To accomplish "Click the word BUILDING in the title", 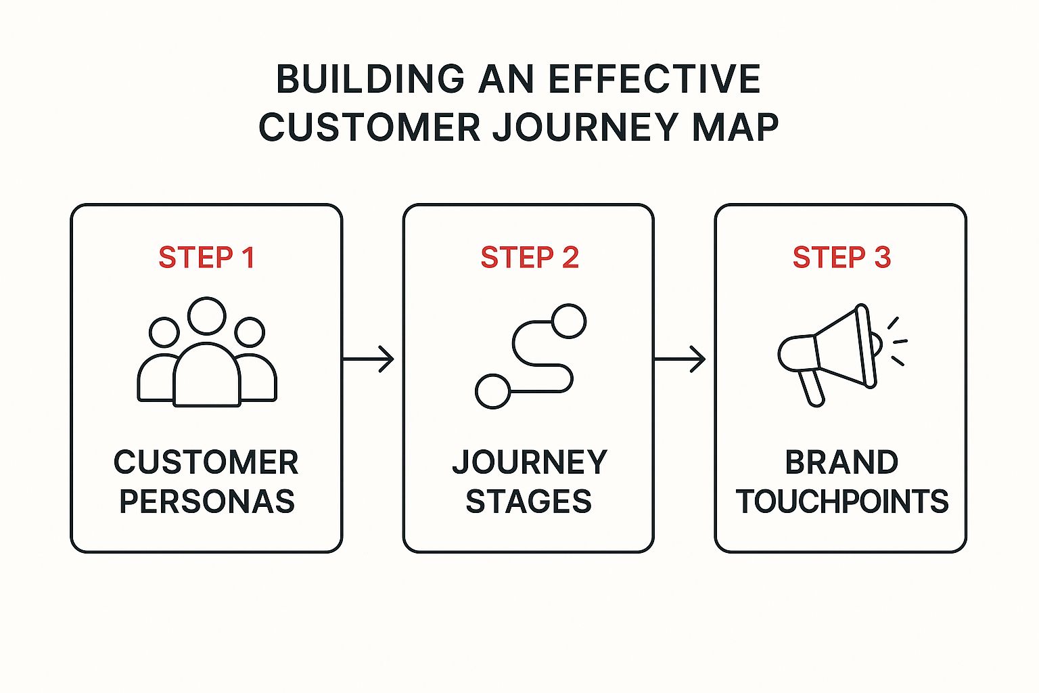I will (370, 79).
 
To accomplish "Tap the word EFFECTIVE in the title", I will (655, 79).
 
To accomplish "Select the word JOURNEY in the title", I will (586, 127).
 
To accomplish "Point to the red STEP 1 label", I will (206, 258).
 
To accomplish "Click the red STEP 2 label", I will (530, 258).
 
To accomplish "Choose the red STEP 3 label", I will (841, 258).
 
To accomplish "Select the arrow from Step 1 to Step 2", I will (369, 359).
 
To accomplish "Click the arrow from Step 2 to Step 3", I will (680, 359).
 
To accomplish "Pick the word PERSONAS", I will (207, 501).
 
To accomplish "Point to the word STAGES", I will (529, 501).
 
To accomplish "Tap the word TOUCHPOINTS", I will (842, 501).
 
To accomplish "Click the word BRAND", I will (841, 463).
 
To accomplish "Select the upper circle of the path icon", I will (568, 321).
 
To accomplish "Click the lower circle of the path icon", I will (492, 391).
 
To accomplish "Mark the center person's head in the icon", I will (206, 316).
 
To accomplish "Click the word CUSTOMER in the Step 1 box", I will (206, 463).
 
